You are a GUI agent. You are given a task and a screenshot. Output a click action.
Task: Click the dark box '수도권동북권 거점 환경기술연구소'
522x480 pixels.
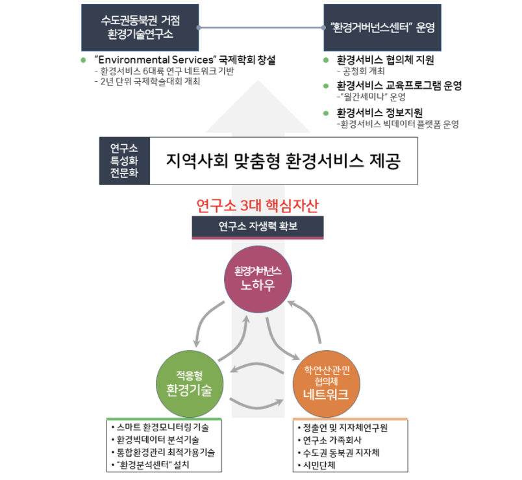pyautogui.click(x=139, y=27)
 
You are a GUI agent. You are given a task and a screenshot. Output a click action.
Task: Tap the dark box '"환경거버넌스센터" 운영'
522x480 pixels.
pyautogui.click(x=382, y=27)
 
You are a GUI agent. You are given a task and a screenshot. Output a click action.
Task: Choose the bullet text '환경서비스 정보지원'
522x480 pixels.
pyautogui.click(x=379, y=112)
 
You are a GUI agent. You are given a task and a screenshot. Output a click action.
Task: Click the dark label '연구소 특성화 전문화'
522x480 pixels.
pyautogui.click(x=124, y=160)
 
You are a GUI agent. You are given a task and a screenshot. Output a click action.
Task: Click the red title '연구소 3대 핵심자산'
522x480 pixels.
pyautogui.click(x=258, y=206)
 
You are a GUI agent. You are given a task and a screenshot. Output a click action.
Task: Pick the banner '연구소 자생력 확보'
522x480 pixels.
pyautogui.click(x=258, y=227)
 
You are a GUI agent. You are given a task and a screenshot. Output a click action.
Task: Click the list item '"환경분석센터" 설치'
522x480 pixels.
pyautogui.click(x=155, y=464)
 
